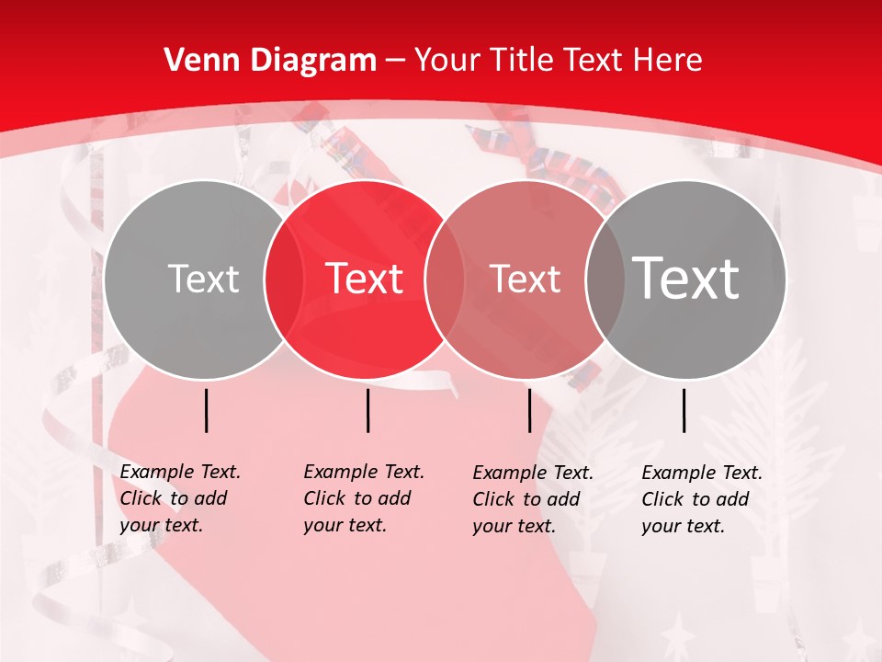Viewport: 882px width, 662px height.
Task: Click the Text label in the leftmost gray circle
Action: point(203,279)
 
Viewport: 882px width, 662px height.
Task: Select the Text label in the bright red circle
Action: point(365,279)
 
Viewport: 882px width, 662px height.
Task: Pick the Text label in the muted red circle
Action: point(525,279)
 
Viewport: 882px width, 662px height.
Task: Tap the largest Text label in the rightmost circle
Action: point(686,278)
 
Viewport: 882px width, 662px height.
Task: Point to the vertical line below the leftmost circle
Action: point(206,410)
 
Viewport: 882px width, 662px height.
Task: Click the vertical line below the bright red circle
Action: point(367,410)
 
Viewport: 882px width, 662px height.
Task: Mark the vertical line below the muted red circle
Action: point(529,410)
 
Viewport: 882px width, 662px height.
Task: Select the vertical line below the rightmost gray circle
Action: point(684,410)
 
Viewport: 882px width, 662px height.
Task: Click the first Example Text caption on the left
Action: point(179,498)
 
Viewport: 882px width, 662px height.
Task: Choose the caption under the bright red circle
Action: point(363,498)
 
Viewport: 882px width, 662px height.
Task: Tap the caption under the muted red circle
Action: point(532,499)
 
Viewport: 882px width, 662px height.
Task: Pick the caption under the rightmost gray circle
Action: point(701,499)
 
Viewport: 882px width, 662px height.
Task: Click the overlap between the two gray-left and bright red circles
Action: point(284,279)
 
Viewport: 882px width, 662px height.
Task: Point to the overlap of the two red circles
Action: point(445,279)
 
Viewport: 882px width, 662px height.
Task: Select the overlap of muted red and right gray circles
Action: point(605,279)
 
